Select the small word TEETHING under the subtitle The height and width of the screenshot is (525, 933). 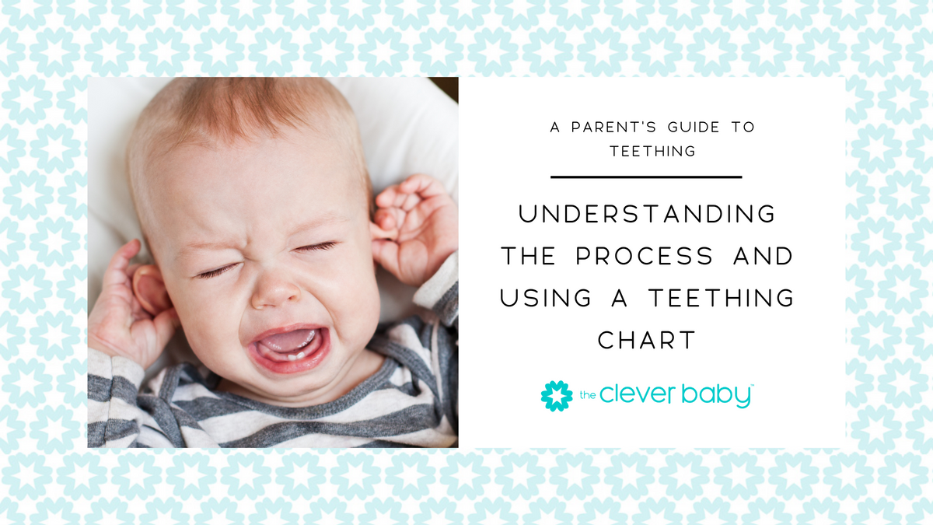pyautogui.click(x=653, y=152)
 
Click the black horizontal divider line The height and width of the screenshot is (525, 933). pyautogui.click(x=646, y=177)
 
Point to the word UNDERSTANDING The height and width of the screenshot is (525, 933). pyautogui.click(x=647, y=214)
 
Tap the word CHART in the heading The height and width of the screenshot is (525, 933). pyautogui.click(x=647, y=340)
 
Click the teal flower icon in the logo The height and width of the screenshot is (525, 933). pyautogui.click(x=556, y=395)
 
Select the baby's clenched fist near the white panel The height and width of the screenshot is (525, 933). pyautogui.click(x=412, y=226)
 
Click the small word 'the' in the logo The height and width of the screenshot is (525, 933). pyautogui.click(x=587, y=397)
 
